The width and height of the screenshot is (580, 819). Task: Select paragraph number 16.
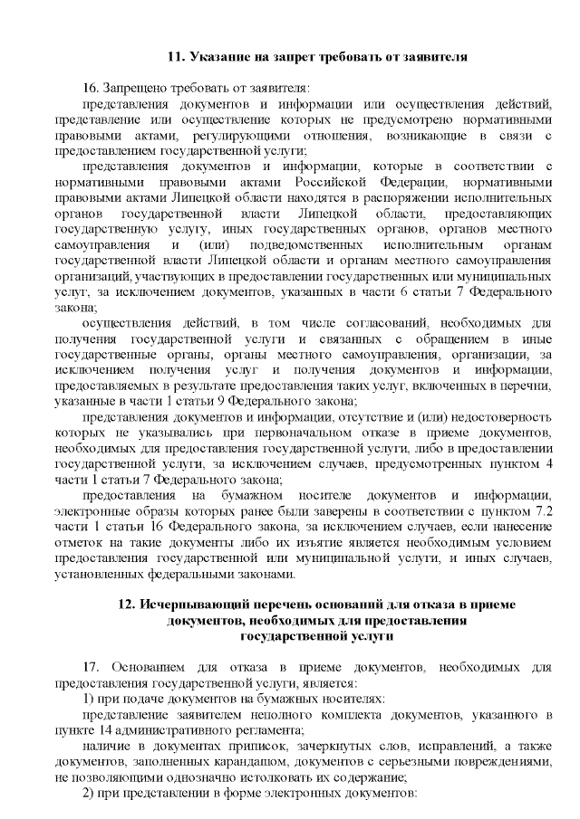click(90, 89)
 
